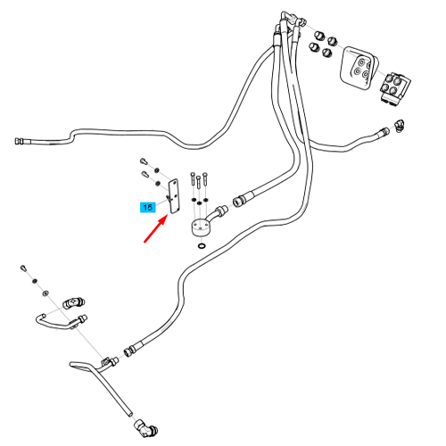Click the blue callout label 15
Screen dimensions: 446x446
148,207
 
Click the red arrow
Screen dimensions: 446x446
155,229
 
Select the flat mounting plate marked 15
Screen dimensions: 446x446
174,196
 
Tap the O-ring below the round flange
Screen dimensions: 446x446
202,246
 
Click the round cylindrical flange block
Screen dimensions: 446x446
199,227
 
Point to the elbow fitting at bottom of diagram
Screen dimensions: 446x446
145,428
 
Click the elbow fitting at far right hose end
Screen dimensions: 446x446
399,126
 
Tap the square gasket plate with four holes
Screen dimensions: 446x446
359,67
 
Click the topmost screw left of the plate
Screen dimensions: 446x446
144,162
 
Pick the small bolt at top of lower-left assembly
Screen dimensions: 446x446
24,268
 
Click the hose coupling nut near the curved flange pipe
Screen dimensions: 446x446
239,201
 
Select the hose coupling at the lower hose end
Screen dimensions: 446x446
129,351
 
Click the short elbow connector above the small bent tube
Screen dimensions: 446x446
74,303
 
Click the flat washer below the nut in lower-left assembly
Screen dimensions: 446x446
45,293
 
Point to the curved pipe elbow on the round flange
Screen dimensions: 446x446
218,214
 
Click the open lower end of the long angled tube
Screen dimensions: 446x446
129,414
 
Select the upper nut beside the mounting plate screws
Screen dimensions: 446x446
156,170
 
